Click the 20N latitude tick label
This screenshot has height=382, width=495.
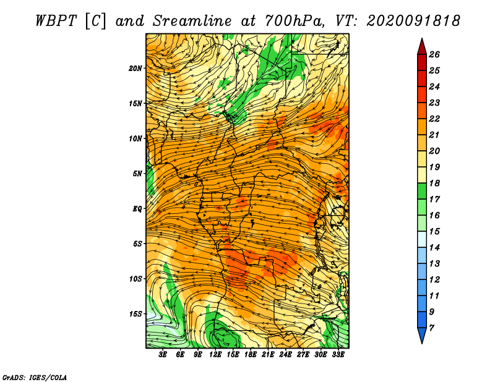pos(136,69)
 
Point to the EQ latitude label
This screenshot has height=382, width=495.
pos(137,209)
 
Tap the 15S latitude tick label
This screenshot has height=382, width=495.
pos(136,314)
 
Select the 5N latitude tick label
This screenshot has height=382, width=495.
pos(137,174)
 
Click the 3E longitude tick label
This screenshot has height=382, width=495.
pos(163,355)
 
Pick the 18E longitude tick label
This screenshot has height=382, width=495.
pos(251,355)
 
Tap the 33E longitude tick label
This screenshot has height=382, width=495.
pos(338,355)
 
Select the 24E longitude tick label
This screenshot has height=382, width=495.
pos(285,355)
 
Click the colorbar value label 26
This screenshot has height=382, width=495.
pos(434,54)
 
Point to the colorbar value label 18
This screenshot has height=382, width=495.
pos(434,183)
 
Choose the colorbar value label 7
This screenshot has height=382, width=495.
pos(431,328)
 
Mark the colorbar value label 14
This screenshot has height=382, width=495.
pos(434,248)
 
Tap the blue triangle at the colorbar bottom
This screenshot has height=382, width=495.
pos(422,334)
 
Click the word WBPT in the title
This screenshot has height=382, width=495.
pos(56,21)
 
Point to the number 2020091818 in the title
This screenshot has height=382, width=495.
pos(413,21)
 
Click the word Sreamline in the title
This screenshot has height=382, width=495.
pos(192,21)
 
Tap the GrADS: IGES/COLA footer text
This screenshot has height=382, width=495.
pos(35,377)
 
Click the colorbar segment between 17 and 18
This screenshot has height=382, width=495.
pos(422,191)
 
